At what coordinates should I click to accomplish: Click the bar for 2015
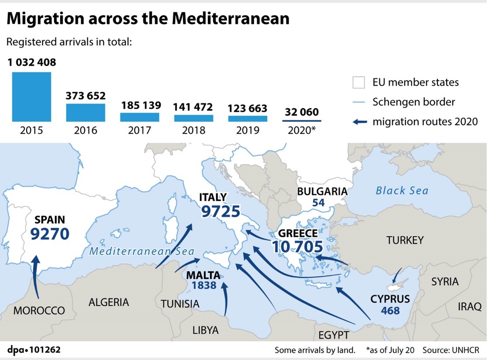click(x=31, y=96)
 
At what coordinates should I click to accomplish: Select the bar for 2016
click(x=85, y=112)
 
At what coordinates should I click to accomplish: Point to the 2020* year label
click(x=301, y=130)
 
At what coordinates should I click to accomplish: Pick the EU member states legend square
click(x=358, y=82)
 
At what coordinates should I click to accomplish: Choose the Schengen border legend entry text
click(x=413, y=102)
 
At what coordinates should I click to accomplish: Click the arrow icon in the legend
click(x=359, y=122)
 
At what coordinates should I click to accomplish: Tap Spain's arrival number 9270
click(x=50, y=234)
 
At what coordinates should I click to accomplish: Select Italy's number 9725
click(x=220, y=212)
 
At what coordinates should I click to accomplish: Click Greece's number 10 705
click(x=298, y=247)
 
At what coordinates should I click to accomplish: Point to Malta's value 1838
click(x=204, y=285)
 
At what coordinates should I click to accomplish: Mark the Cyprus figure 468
click(x=390, y=311)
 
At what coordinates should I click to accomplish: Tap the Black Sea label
click(x=402, y=191)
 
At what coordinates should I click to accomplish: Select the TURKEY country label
click(x=405, y=240)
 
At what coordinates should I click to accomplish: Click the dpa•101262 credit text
click(x=34, y=350)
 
